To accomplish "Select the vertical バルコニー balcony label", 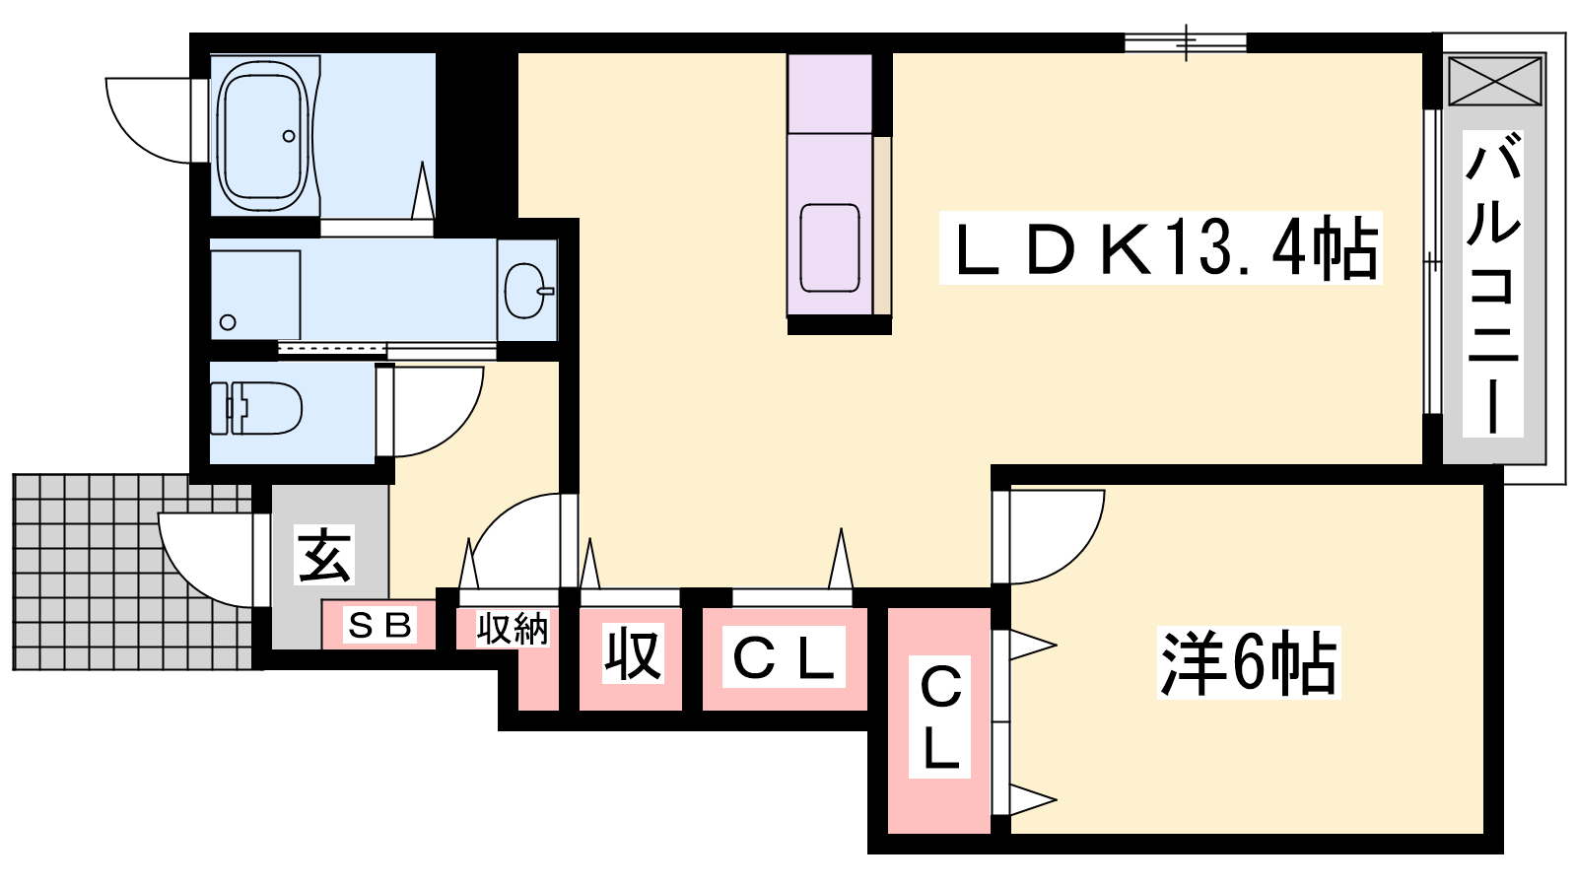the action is click(1492, 284).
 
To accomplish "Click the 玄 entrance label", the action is click(325, 556).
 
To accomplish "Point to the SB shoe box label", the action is click(380, 625).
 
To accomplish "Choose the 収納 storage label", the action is click(513, 629).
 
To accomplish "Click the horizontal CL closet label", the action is click(784, 656).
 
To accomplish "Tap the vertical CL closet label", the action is click(940, 716).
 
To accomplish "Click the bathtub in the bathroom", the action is click(264, 135).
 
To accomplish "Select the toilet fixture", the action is click(256, 408).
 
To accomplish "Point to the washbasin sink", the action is click(527, 291).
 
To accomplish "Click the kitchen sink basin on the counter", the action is click(830, 247).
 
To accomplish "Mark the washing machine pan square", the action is click(255, 295).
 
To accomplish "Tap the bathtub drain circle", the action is click(289, 136).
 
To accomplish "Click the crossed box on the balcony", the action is click(1494, 81).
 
